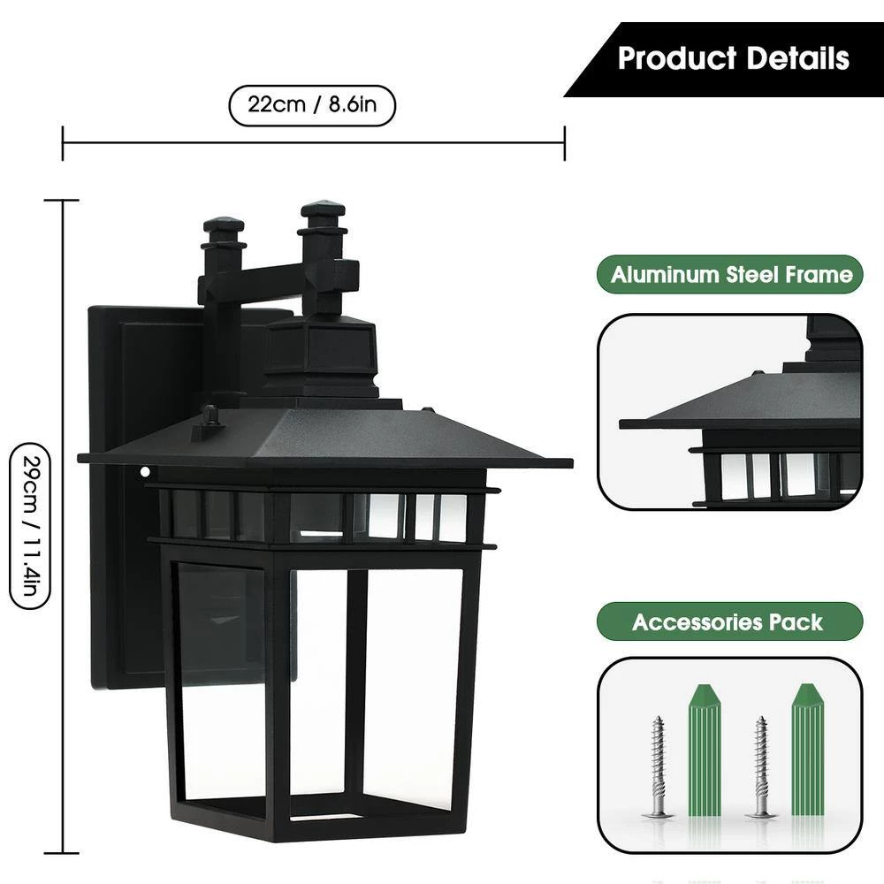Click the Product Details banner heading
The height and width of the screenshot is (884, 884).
coord(733,58)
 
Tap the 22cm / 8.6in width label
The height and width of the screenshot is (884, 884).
coord(312,105)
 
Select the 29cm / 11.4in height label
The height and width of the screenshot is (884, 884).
coord(27,526)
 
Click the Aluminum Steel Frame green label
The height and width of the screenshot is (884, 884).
coord(731,274)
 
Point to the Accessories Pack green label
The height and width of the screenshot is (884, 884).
coord(728,621)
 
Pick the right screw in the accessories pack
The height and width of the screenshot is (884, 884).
coord(760,765)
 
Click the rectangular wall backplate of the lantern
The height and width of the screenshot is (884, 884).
coord(124,495)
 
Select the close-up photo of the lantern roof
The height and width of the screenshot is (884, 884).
coord(729,411)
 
